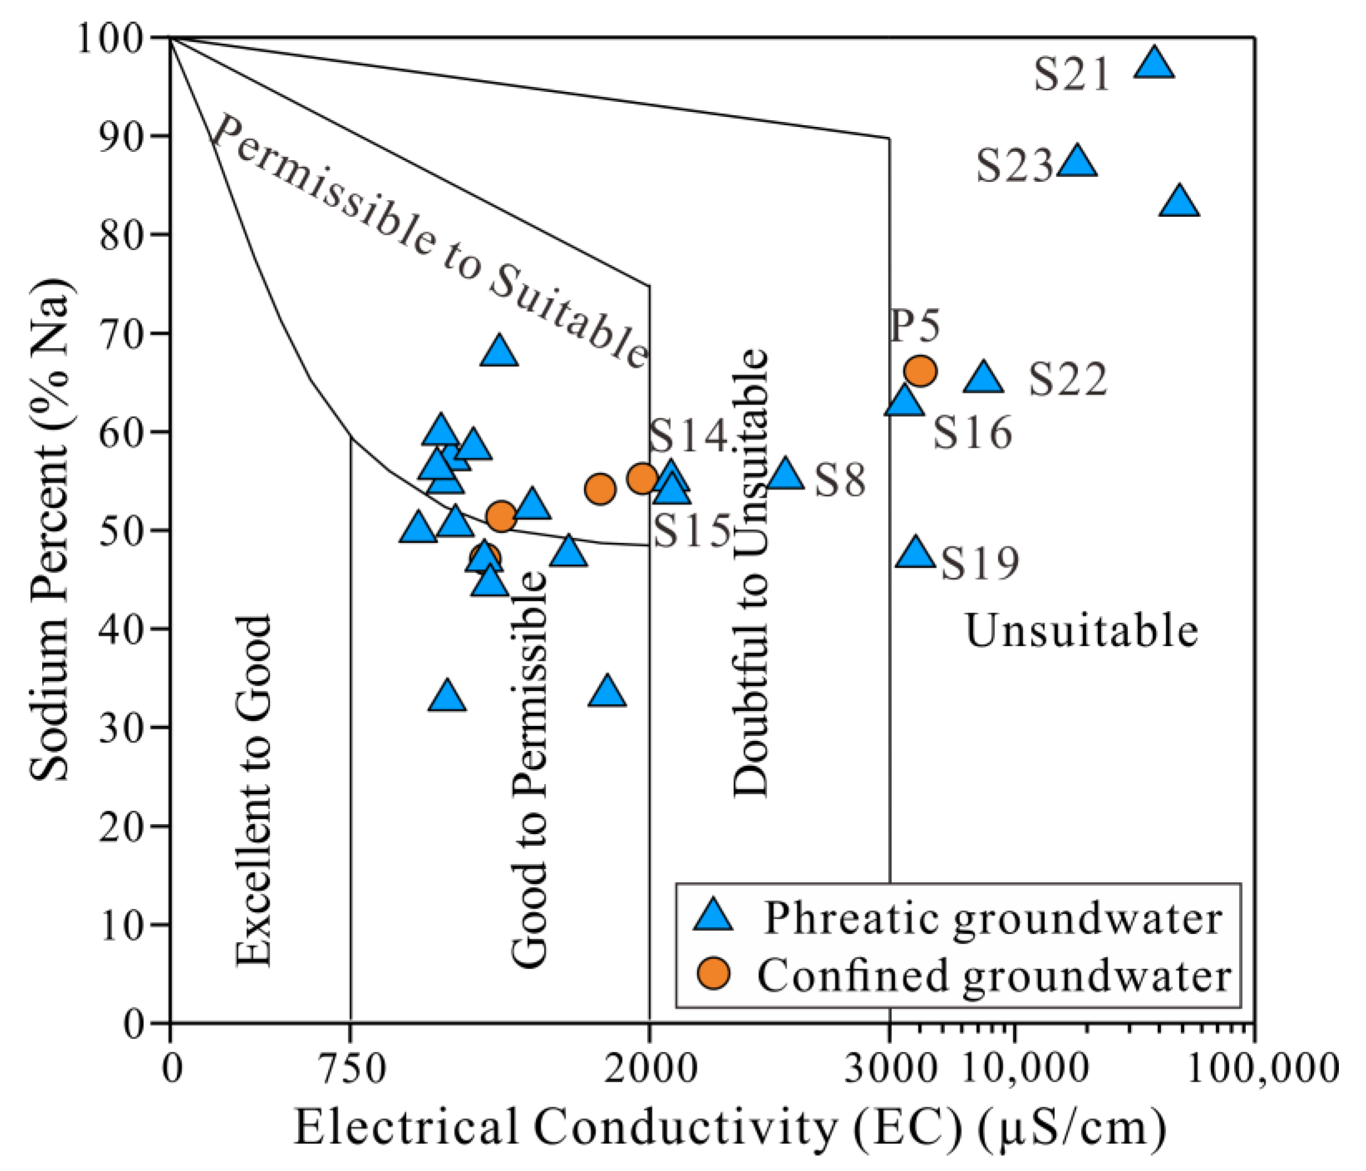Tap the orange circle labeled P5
(920, 371)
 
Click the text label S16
(972, 433)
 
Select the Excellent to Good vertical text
(254, 792)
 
